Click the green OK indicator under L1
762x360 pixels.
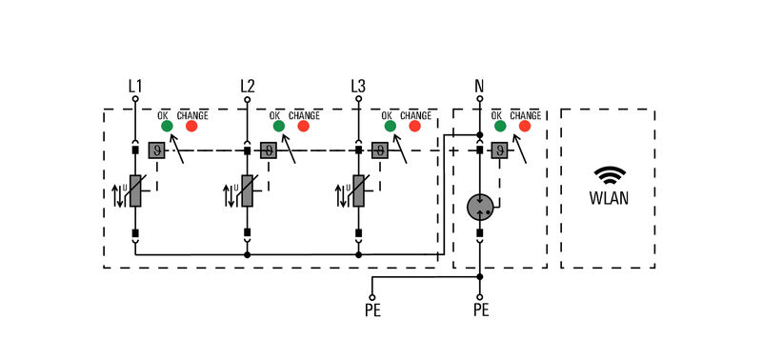tap(167, 125)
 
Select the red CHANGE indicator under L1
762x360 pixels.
tap(191, 125)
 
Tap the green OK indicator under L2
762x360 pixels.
tap(278, 125)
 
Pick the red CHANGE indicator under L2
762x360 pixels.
tap(303, 125)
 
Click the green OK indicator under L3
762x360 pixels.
tap(390, 125)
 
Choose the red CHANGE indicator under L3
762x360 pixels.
tap(414, 125)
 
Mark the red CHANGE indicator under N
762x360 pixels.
tap(524, 125)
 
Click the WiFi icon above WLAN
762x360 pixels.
tap(608, 175)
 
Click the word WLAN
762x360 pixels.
tap(608, 200)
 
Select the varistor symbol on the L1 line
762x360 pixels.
tap(135, 191)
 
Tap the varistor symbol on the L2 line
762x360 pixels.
tap(247, 191)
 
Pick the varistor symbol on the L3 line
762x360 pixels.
tap(358, 191)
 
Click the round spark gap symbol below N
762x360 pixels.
tap(480, 206)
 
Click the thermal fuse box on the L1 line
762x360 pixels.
tap(156, 150)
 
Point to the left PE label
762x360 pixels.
tap(371, 310)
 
